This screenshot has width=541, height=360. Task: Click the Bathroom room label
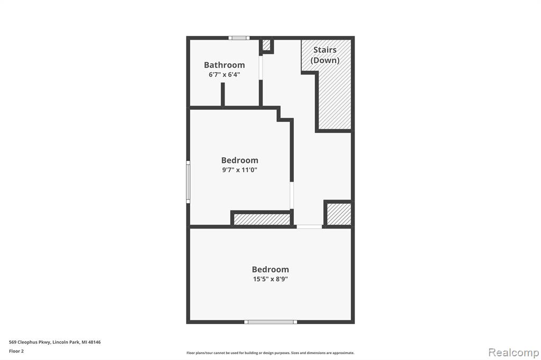224,65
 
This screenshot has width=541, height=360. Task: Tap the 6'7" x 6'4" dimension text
224,74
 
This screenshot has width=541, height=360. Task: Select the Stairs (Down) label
325,55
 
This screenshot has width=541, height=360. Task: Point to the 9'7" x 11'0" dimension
240,169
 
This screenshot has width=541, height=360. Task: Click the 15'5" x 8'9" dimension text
270,279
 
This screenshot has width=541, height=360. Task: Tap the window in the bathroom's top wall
239,38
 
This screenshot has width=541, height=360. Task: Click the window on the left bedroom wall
188,182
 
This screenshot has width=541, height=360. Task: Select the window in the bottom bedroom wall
270,322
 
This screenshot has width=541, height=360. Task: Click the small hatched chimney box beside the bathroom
266,45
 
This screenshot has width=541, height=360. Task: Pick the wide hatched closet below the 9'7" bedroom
262,219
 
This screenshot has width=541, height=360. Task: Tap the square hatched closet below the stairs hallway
339,214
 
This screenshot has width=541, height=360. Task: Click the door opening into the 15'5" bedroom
309,226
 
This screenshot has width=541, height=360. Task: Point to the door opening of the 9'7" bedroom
292,195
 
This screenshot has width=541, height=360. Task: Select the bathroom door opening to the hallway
261,68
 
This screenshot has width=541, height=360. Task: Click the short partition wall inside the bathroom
223,94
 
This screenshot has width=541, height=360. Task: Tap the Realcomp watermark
514,353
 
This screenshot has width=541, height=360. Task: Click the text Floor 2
16,351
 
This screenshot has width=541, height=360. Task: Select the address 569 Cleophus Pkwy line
55,342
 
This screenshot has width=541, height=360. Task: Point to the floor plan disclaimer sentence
270,353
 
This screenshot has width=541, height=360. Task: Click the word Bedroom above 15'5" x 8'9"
270,269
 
